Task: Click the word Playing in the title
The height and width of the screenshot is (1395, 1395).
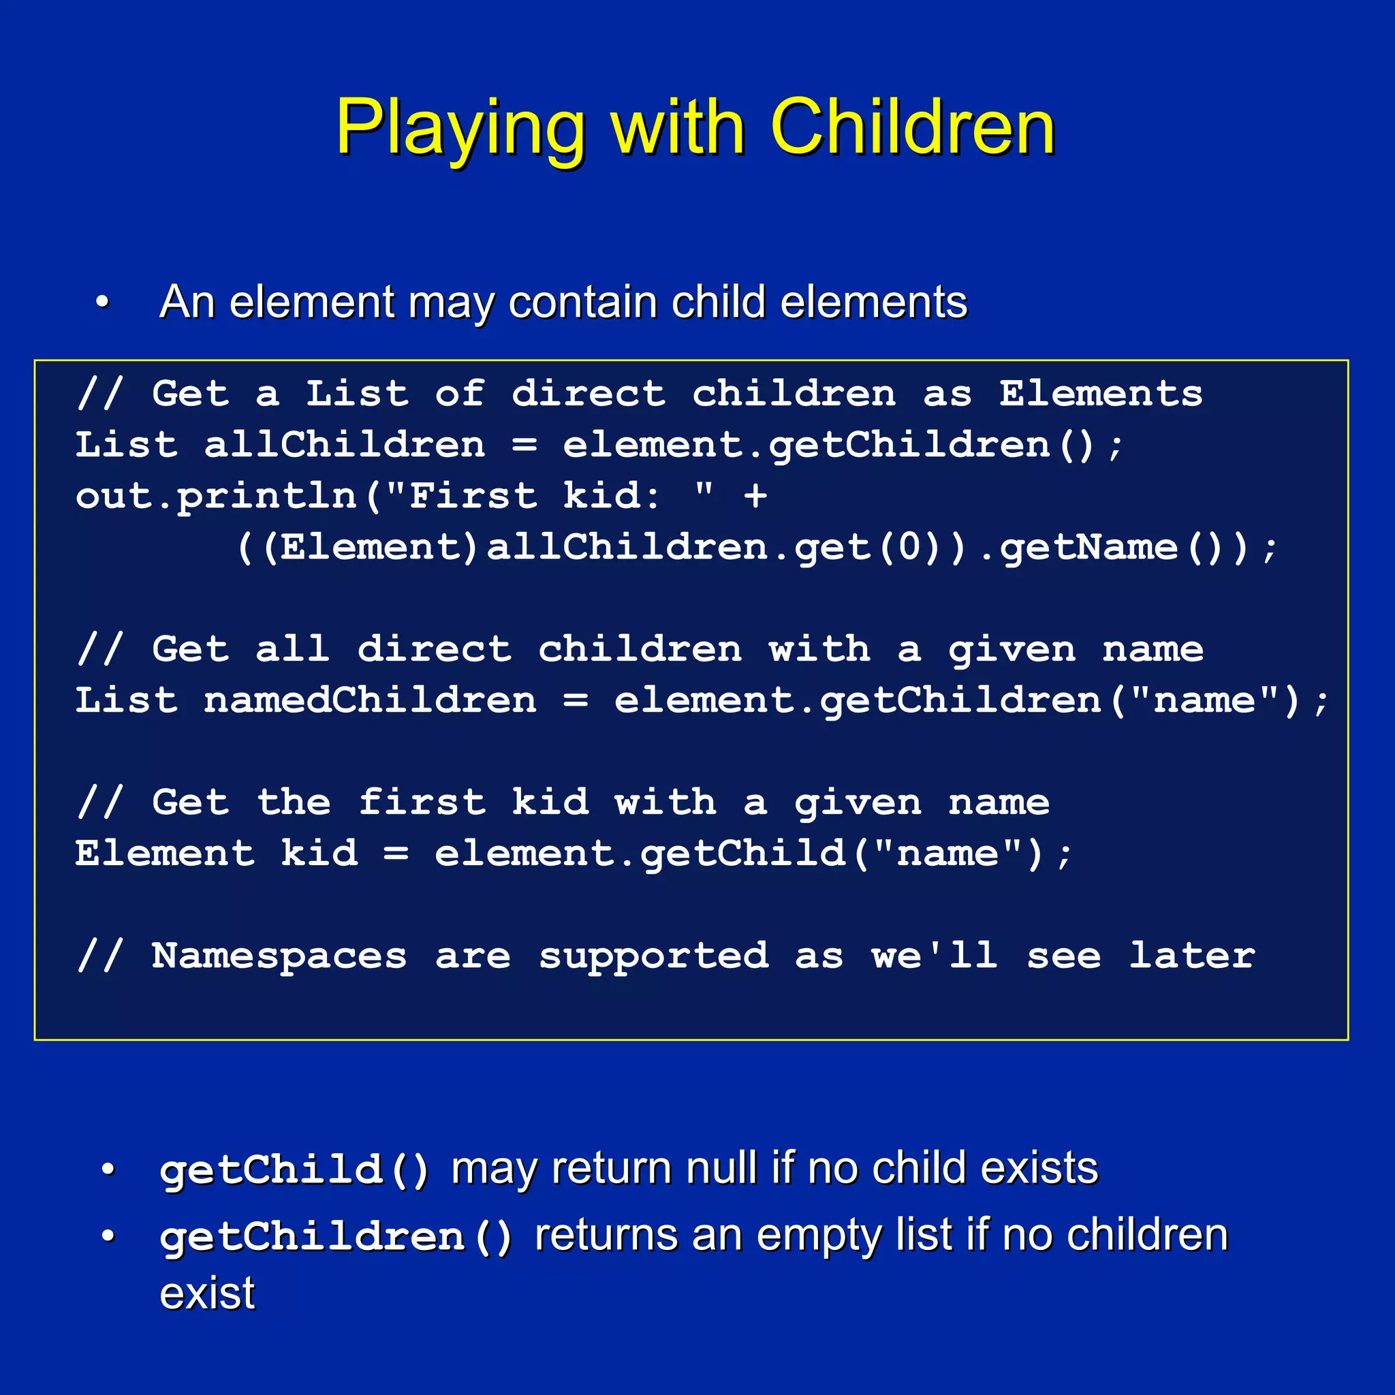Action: pyautogui.click(x=459, y=129)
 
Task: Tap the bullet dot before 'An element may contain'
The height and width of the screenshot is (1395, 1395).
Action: pyautogui.click(x=103, y=302)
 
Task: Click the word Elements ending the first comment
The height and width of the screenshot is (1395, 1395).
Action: pyautogui.click(x=1101, y=394)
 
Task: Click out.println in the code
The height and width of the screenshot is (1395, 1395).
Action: pyautogui.click(x=216, y=496)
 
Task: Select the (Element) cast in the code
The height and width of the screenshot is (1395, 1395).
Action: pyautogui.click(x=370, y=548)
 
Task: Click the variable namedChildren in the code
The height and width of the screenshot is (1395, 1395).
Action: pyautogui.click(x=370, y=700)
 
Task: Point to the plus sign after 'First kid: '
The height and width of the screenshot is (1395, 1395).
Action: pyautogui.click(x=755, y=496)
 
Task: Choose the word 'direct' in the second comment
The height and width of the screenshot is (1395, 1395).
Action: pyautogui.click(x=434, y=649)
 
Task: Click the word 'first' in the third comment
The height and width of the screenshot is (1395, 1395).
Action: pyautogui.click(x=422, y=802)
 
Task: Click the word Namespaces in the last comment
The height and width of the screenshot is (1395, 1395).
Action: pyautogui.click(x=279, y=956)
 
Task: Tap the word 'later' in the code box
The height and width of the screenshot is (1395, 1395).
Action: pyautogui.click(x=1191, y=956)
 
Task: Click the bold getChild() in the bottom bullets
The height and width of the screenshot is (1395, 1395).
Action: pyautogui.click(x=294, y=1168)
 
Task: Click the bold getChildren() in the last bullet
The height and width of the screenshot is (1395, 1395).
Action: pyautogui.click(x=336, y=1236)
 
